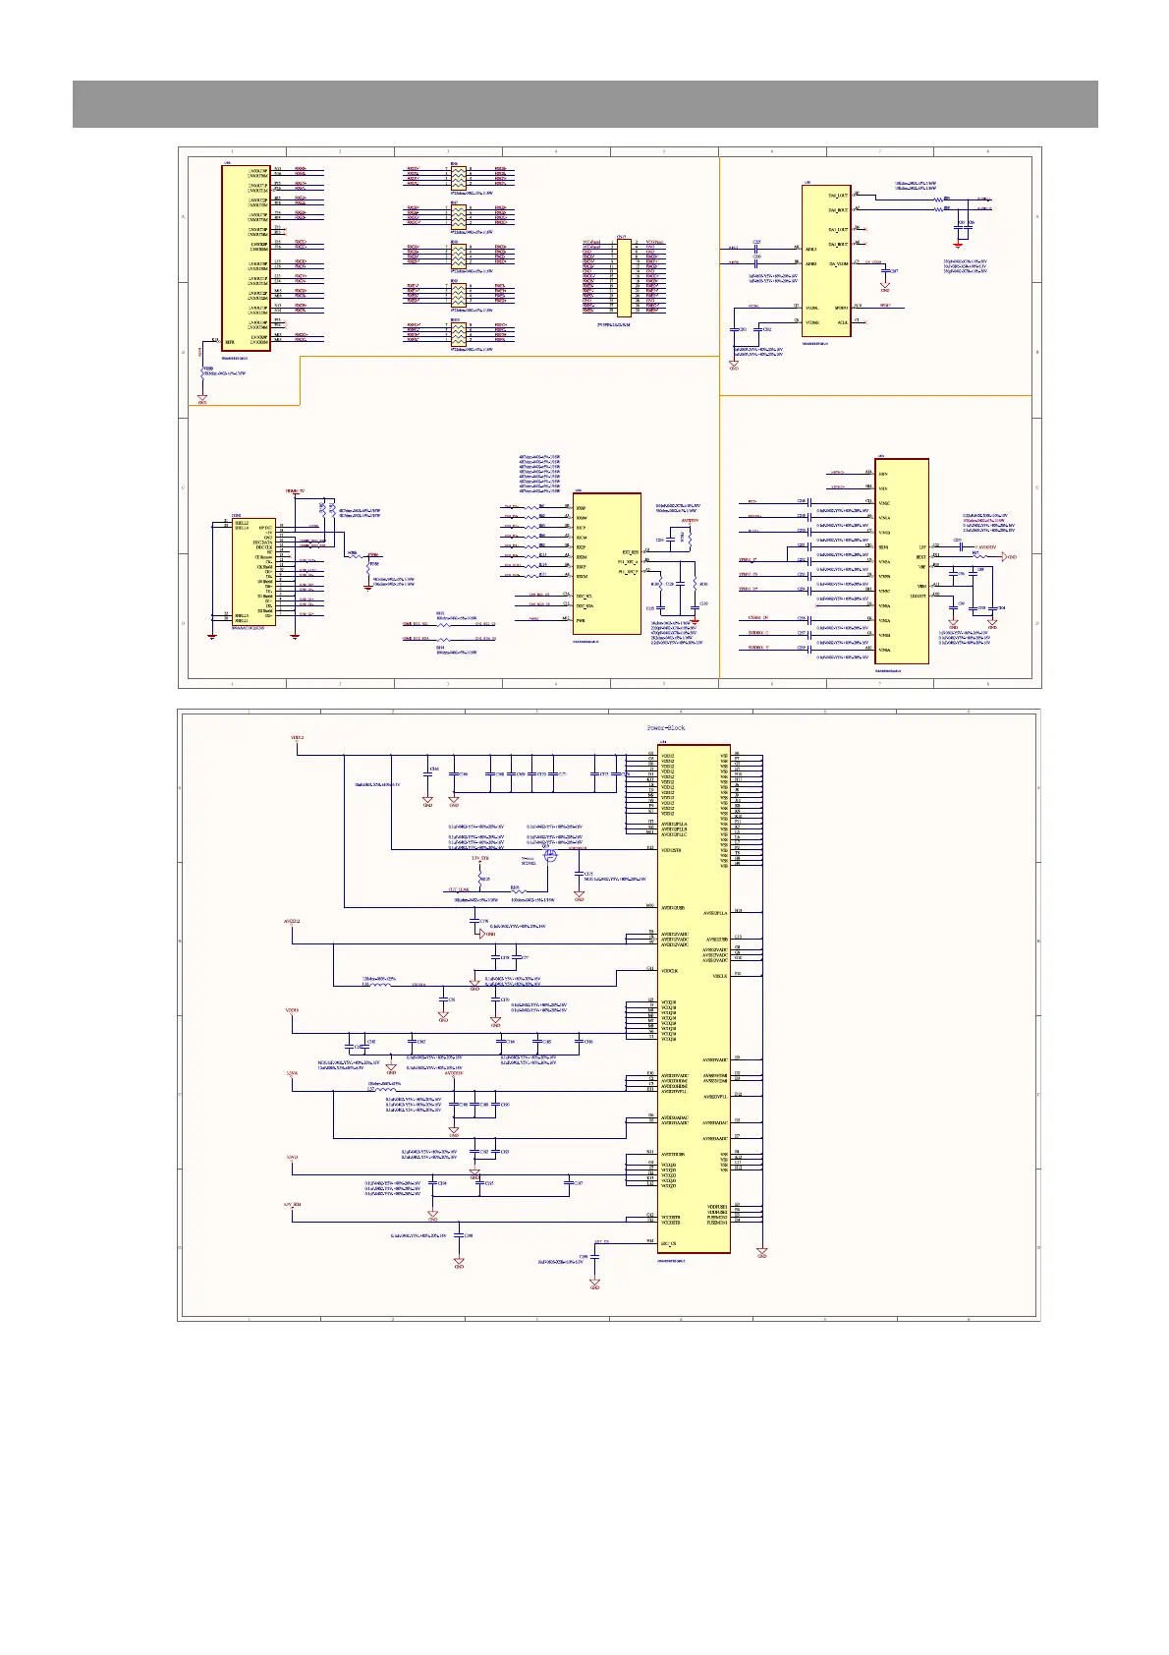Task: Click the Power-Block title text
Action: [665, 728]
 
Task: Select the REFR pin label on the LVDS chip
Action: [230, 343]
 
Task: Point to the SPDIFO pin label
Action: [840, 307]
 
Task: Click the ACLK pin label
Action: [842, 322]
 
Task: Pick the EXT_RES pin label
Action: [630, 552]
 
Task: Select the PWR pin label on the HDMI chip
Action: [581, 620]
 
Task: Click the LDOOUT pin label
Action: [918, 595]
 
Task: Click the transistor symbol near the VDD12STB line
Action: [550, 856]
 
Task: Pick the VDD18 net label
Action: [293, 1010]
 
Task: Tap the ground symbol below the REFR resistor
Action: [202, 398]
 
